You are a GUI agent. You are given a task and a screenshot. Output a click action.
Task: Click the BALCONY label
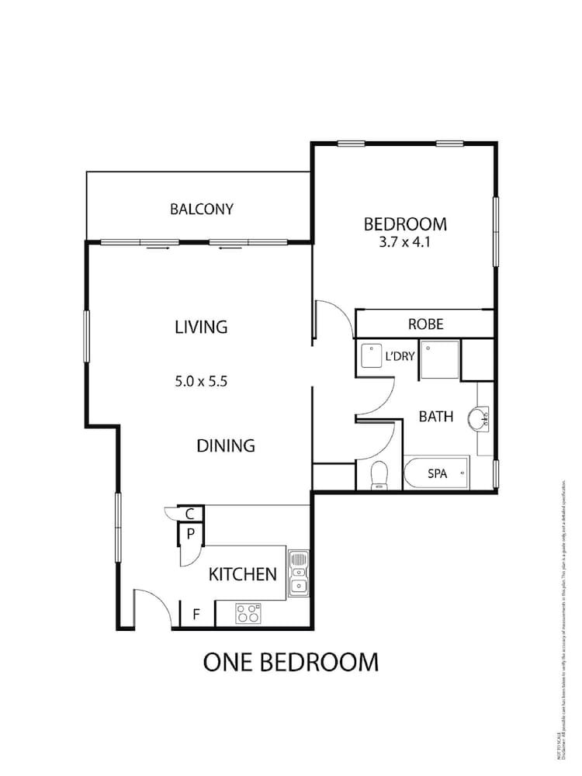(202, 209)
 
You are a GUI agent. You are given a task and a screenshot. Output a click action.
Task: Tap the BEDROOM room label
(405, 224)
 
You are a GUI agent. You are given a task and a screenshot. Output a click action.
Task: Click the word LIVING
(201, 327)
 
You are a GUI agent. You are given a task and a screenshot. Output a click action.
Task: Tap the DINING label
(226, 445)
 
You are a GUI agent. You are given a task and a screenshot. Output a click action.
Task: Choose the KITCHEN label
(243, 574)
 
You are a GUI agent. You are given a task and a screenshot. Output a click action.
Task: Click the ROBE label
(426, 324)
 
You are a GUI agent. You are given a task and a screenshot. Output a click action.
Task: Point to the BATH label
(436, 417)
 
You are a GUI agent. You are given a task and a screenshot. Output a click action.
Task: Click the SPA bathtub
(437, 473)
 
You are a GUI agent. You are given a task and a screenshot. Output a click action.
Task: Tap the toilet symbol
(379, 474)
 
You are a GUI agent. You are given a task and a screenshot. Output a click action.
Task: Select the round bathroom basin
(479, 419)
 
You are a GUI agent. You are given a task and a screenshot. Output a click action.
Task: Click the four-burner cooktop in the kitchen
(248, 614)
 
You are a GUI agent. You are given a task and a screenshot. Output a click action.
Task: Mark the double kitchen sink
(299, 574)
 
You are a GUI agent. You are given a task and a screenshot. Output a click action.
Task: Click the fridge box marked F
(196, 615)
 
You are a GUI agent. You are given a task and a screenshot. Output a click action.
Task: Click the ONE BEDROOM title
(291, 662)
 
